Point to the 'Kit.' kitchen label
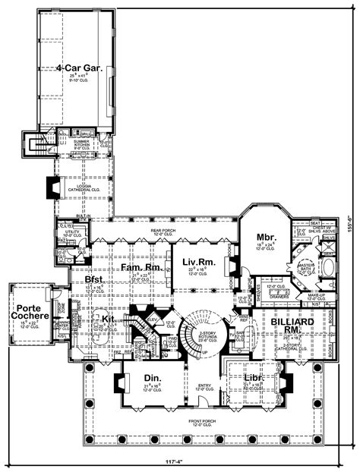tap(108, 319)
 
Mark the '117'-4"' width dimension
tap(179, 464)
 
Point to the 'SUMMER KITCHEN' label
tap(85, 144)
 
